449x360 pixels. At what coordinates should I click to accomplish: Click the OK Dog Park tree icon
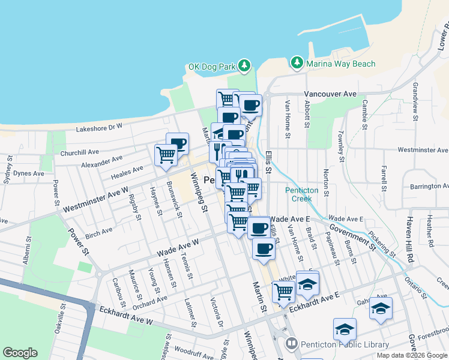click(244, 65)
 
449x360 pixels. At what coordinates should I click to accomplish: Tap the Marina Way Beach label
click(340, 64)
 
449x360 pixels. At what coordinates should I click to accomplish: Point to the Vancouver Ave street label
click(330, 94)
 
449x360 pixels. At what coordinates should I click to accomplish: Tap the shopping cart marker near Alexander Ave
click(166, 155)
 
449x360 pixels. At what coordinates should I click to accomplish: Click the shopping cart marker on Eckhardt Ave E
click(283, 292)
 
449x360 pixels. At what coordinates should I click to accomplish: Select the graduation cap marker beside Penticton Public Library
click(345, 329)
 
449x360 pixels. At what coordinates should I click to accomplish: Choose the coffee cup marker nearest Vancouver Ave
click(250, 106)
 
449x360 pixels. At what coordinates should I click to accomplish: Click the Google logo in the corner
click(20, 353)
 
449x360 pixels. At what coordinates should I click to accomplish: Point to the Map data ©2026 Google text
click(412, 355)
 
